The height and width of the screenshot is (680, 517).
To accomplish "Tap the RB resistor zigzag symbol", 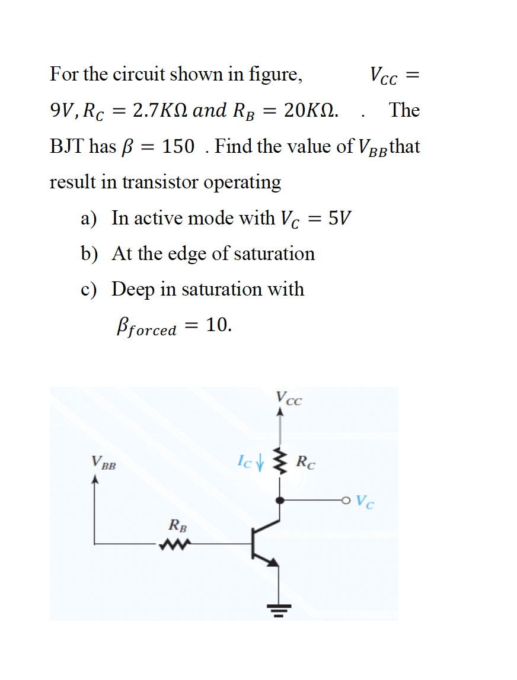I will pyautogui.click(x=174, y=543).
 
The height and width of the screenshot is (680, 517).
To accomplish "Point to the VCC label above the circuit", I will pyautogui.click(x=289, y=399).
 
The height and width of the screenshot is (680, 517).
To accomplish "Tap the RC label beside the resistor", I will pyautogui.click(x=305, y=461).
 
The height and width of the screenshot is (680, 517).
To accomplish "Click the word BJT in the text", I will pyautogui.click(x=67, y=146).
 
